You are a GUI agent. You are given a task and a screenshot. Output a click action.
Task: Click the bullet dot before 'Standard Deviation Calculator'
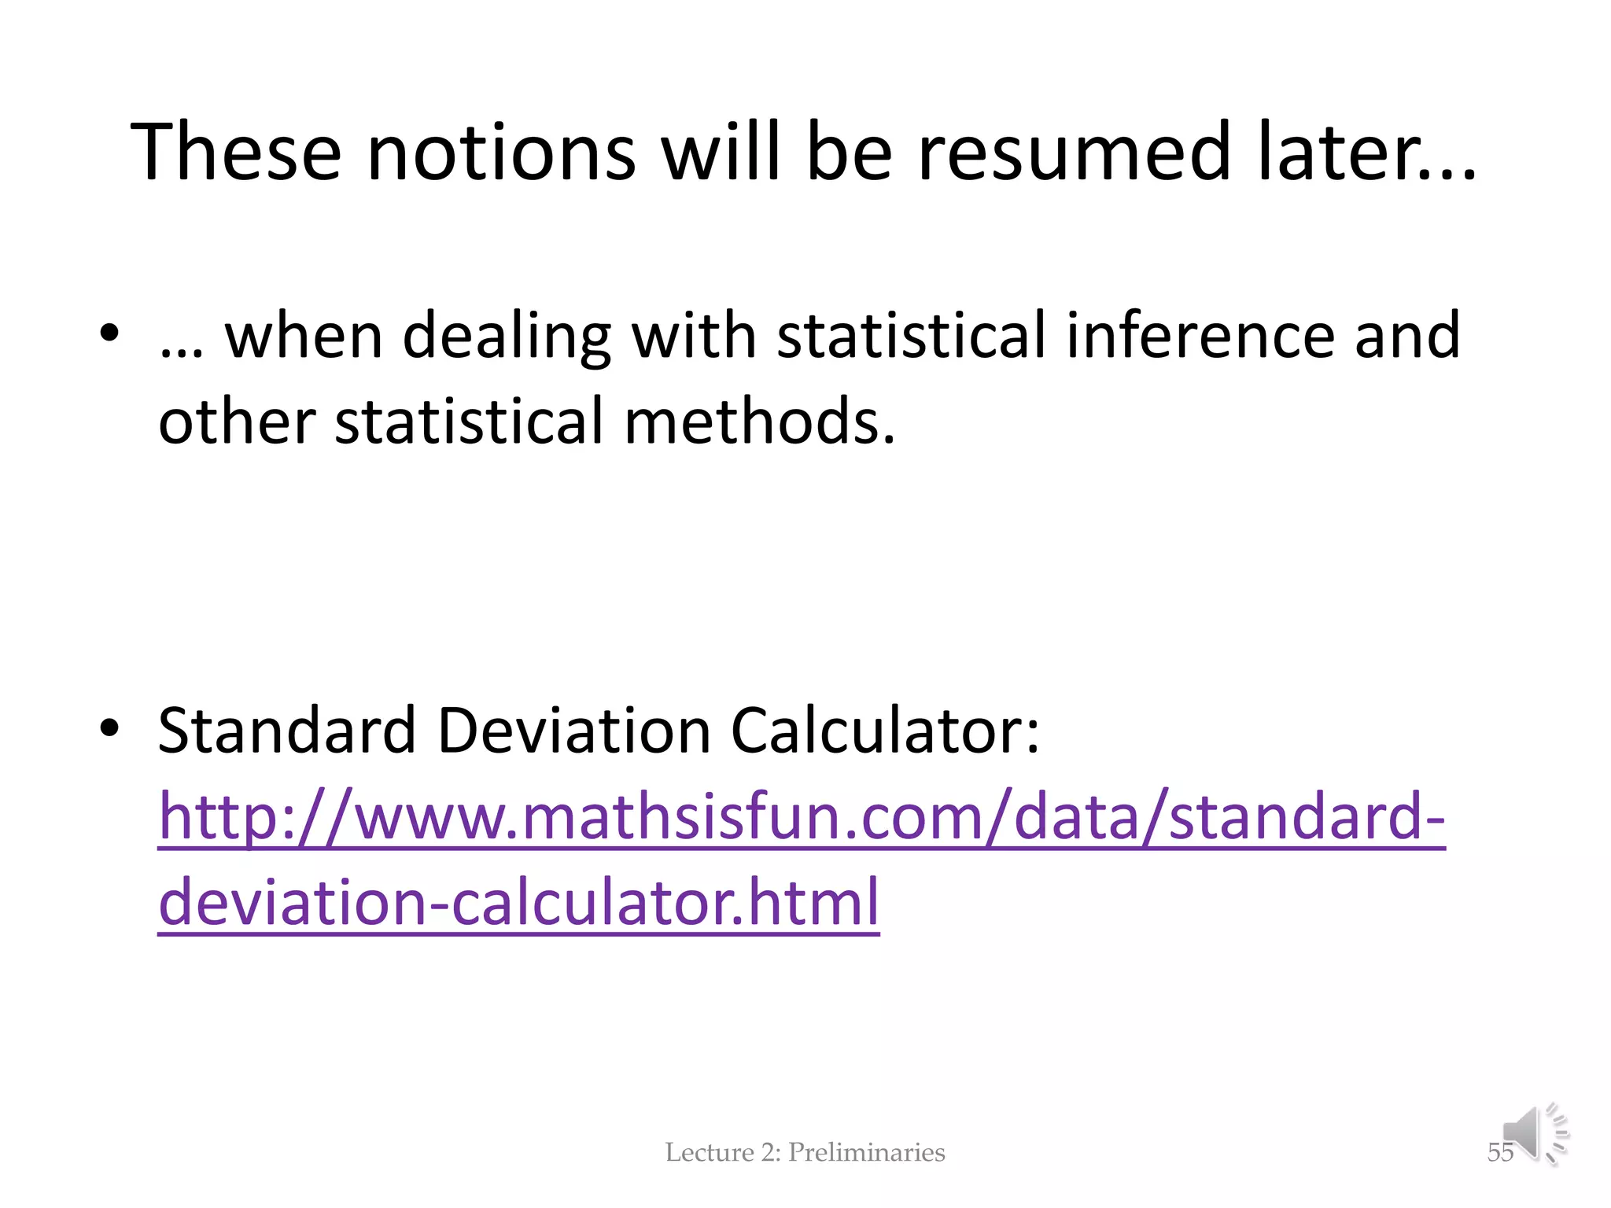coord(109,728)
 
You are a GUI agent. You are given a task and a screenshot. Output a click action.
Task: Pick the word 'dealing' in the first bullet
coord(506,337)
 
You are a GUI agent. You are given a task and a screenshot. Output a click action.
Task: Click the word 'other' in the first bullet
coord(237,421)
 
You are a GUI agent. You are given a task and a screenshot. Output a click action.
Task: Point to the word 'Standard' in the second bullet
coord(286,731)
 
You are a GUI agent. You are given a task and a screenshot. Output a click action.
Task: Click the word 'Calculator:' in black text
coord(885,731)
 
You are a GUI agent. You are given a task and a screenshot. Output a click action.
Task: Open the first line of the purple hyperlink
coord(801,817)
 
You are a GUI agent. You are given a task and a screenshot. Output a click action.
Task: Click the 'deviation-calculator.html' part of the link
coord(518,902)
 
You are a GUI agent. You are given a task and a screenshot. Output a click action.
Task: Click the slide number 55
coord(1499,1153)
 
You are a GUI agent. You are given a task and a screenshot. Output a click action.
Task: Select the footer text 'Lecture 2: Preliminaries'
coord(805,1152)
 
